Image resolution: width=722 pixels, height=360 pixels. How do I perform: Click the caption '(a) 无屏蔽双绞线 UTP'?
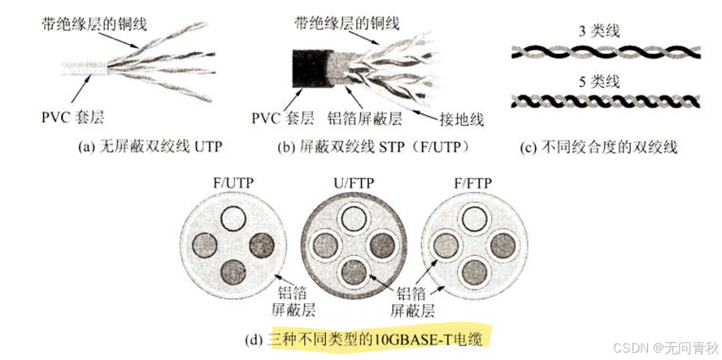coord(150,147)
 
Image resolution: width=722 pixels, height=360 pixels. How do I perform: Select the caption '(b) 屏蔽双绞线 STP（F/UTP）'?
coord(372,147)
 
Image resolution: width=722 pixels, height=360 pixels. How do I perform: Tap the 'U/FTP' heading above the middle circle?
coord(354,184)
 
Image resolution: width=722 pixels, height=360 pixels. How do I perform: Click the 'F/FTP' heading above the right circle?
coord(472,184)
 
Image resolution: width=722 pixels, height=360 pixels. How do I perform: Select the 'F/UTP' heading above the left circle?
coord(234,184)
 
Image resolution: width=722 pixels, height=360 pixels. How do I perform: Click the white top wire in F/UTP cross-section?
coord(233,219)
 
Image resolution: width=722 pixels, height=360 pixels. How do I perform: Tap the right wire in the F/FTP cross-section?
coord(502,245)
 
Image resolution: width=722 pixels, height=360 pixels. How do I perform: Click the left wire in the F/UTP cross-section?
coord(204,245)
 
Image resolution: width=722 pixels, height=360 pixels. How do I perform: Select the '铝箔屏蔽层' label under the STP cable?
coord(365,119)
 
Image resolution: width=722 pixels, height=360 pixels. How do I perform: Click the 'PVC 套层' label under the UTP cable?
coord(72,118)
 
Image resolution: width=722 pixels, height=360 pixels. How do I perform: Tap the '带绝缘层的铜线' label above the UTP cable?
coord(94,24)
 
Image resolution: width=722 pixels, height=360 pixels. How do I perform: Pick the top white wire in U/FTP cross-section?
coord(353,217)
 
